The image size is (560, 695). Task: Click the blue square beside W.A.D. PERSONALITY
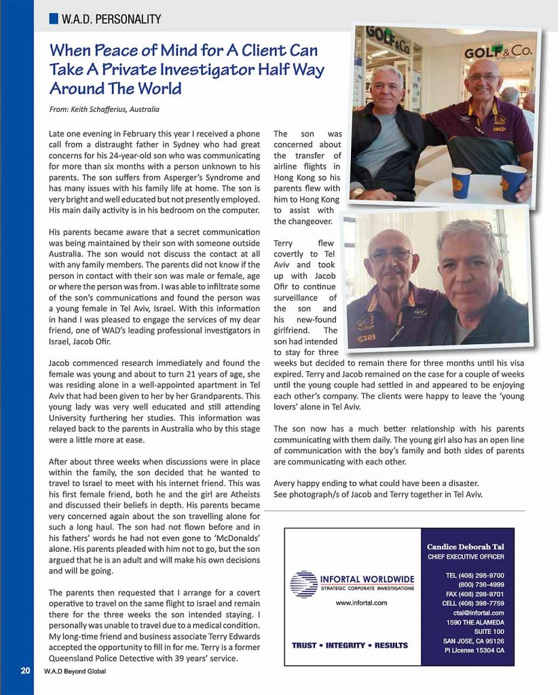coord(54,20)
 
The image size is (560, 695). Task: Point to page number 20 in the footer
coord(25,671)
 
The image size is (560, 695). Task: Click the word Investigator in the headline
coord(233,69)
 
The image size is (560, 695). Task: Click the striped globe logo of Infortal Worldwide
coord(303,583)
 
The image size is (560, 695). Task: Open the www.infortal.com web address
coord(361,602)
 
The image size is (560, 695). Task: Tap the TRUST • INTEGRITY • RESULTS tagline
coord(350,645)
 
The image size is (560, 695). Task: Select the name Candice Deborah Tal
coord(466,546)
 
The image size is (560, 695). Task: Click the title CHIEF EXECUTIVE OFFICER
coord(466,557)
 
